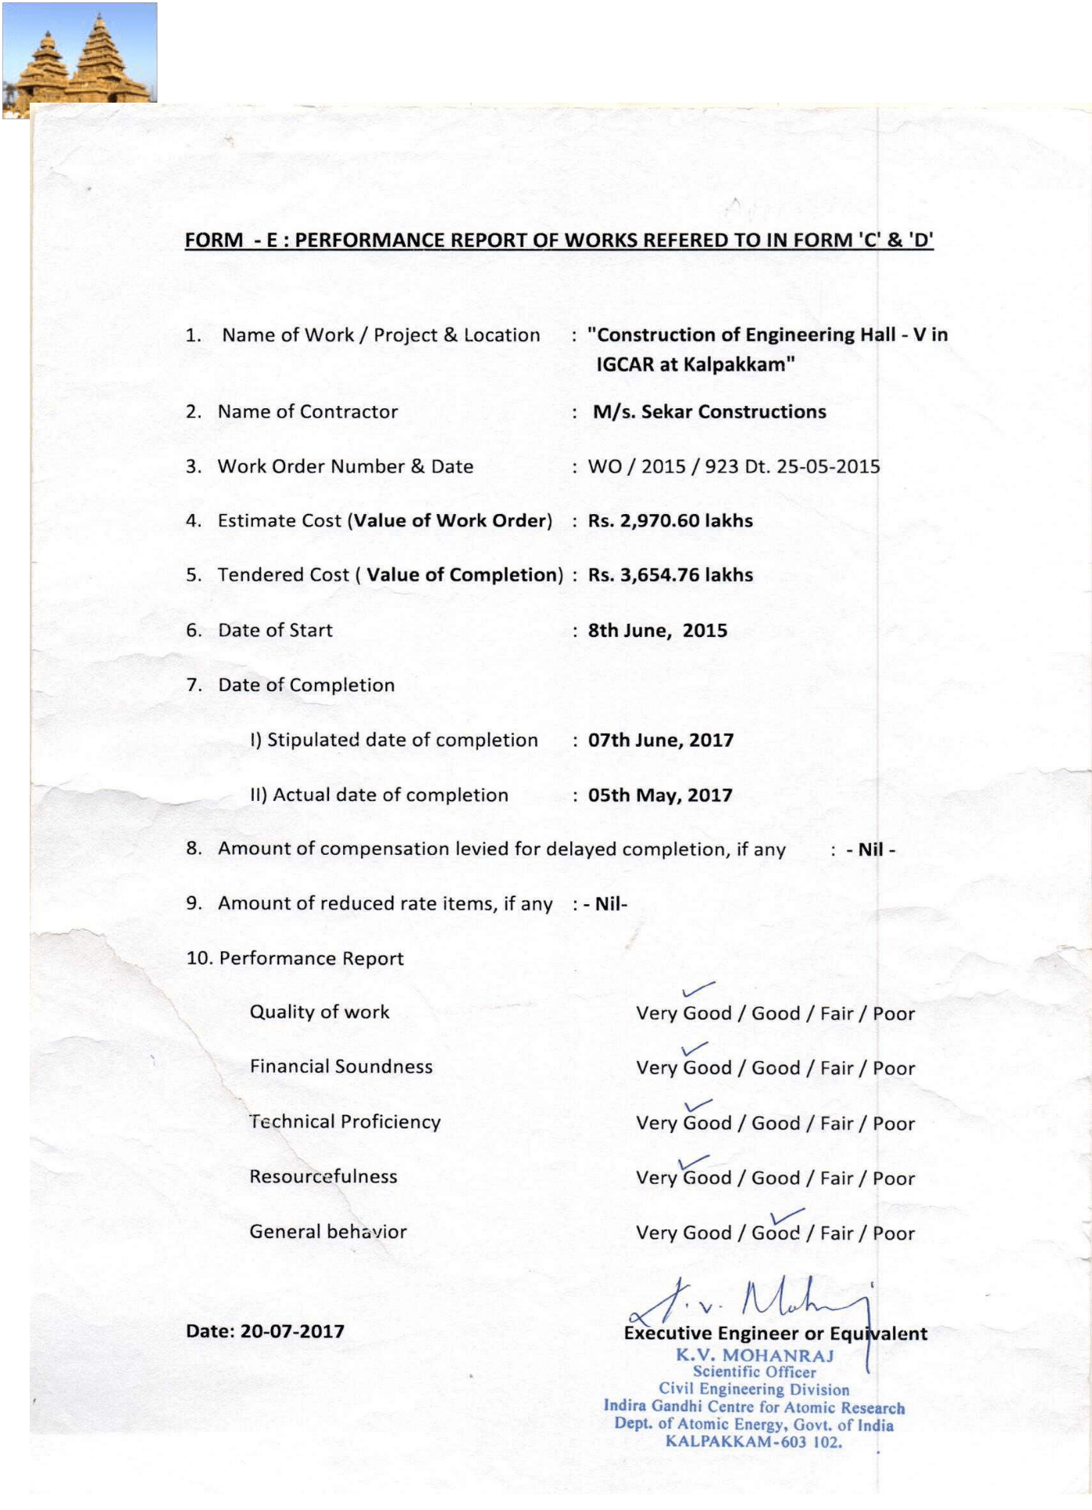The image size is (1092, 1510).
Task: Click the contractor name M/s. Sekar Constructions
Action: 709,412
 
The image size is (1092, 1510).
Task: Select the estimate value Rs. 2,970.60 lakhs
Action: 670,521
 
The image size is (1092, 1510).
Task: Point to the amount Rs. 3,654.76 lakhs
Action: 670,575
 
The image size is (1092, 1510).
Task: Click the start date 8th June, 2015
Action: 657,631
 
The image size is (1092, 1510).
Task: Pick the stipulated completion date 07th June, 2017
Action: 660,741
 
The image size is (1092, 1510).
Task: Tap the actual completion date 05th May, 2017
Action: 660,795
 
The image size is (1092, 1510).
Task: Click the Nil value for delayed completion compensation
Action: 870,850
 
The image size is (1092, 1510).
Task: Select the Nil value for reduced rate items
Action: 610,904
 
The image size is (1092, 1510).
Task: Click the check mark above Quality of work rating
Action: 698,990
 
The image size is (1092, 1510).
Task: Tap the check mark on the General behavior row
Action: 786,1217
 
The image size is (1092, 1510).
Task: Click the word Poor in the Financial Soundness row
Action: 894,1069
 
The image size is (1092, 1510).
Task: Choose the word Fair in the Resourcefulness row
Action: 837,1179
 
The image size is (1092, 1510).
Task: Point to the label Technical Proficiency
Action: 345,1122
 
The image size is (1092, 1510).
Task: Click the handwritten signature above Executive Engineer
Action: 752,1302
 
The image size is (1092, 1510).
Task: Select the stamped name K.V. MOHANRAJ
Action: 754,1356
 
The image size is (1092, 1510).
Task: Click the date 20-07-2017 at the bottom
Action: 292,1331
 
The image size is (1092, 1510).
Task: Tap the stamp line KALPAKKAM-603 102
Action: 754,1442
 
